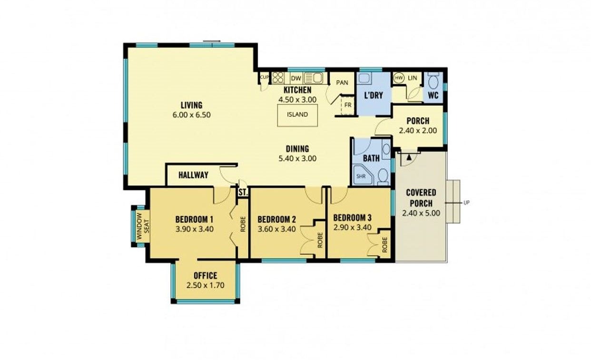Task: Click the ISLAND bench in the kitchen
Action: tap(297, 115)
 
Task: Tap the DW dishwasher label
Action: tap(296, 79)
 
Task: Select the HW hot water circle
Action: tap(398, 78)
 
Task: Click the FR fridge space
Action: tap(348, 105)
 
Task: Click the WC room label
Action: tap(433, 95)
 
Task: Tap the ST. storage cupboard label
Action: tap(243, 192)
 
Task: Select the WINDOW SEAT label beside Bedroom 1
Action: tap(143, 226)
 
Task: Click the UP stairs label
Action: tap(466, 203)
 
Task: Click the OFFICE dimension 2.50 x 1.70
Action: tap(205, 286)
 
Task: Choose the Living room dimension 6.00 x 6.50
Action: tap(192, 115)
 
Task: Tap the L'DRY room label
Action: tap(374, 95)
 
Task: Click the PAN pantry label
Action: tap(342, 83)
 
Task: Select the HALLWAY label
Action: tap(193, 175)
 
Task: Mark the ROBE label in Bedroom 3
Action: tap(384, 245)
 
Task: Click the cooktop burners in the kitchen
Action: tap(278, 78)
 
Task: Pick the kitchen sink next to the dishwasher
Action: tap(314, 78)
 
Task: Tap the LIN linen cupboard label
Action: tap(413, 78)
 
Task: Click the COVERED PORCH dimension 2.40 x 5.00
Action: tap(421, 213)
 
